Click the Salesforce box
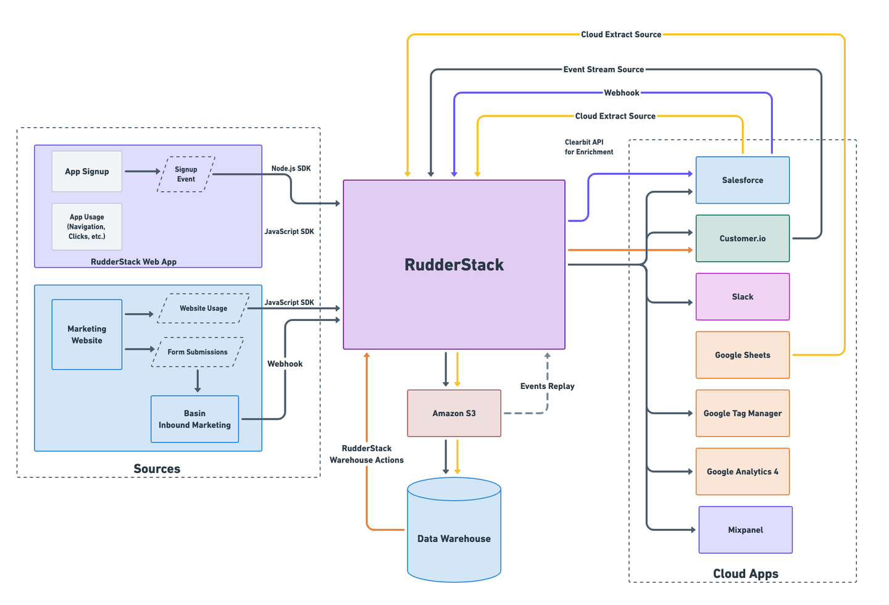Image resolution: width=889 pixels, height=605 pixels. pos(742,180)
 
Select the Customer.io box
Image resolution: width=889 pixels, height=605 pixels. pos(742,238)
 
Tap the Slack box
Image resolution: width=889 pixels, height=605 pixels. pos(742,297)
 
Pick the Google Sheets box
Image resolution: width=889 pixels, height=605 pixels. pos(742,355)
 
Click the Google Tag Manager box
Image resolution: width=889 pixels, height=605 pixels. pos(742,414)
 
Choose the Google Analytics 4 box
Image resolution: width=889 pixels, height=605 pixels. pos(742,472)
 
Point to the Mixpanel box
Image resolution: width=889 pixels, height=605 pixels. pos(745,530)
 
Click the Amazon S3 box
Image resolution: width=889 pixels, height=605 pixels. pos(454,413)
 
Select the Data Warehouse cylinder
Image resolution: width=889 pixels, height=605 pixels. pos(454,531)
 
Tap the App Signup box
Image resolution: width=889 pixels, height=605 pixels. pos(87,172)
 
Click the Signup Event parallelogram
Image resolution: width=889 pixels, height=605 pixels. pos(186,174)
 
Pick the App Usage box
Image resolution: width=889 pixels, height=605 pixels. pos(87,227)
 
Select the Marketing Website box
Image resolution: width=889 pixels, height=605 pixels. pos(87,335)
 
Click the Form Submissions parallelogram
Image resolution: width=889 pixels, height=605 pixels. pos(198,352)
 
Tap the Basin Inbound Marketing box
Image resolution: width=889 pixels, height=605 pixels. pos(194,419)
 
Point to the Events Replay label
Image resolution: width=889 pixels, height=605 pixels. pos(547,386)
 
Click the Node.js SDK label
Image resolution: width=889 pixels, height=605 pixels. pos(291,169)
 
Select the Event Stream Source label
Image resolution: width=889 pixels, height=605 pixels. pos(603,70)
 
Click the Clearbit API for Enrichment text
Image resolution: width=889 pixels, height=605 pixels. pos(588,147)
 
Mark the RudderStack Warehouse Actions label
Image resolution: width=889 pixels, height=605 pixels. pos(367,454)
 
